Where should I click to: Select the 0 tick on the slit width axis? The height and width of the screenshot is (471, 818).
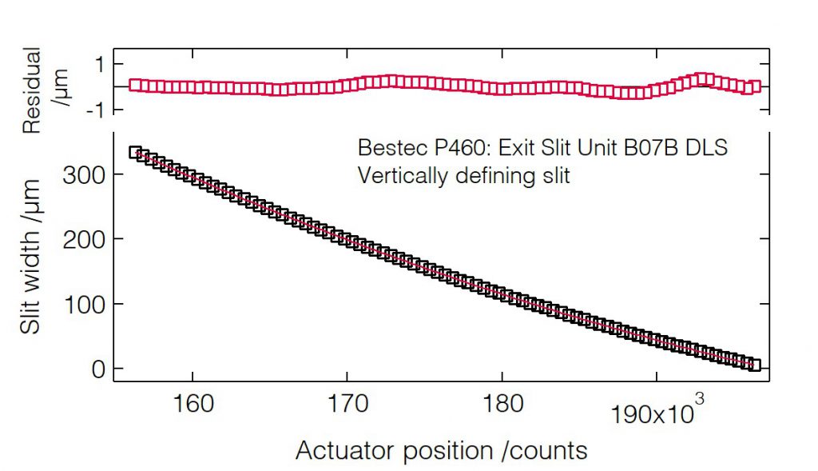97,369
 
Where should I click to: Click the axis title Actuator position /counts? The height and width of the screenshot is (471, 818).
441,451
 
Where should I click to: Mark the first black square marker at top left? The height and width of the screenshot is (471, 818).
136,153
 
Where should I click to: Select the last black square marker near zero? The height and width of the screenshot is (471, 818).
754,365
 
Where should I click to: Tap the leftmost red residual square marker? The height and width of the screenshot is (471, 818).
135,85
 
